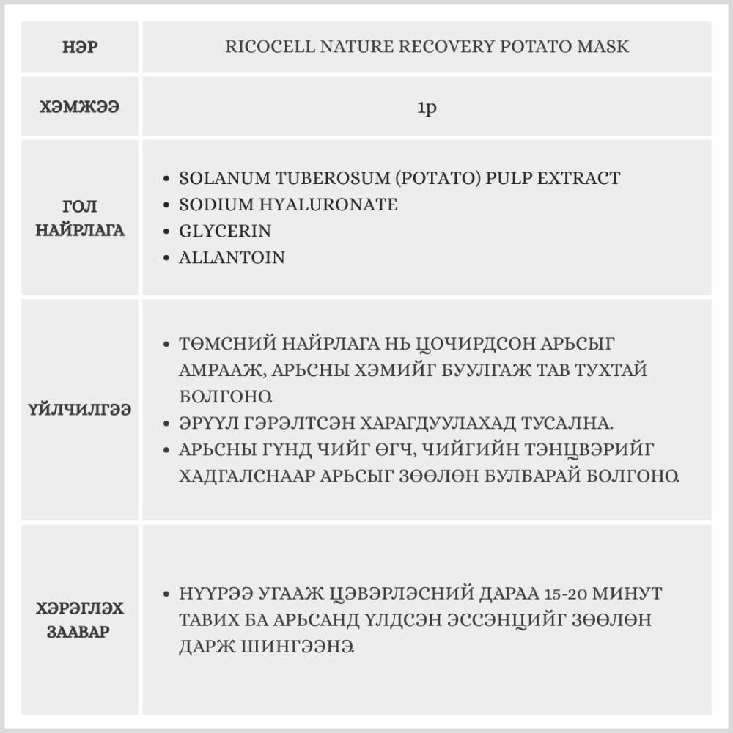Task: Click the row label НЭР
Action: pos(81,47)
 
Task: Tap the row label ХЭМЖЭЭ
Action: pos(81,107)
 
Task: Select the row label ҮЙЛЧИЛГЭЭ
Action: pos(81,410)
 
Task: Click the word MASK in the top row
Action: pos(605,46)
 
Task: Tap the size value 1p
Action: pos(427,107)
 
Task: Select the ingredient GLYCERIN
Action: pos(225,231)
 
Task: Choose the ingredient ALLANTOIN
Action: pos(232,257)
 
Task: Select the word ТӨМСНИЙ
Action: pos(223,344)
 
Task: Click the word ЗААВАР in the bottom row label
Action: pos(81,631)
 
